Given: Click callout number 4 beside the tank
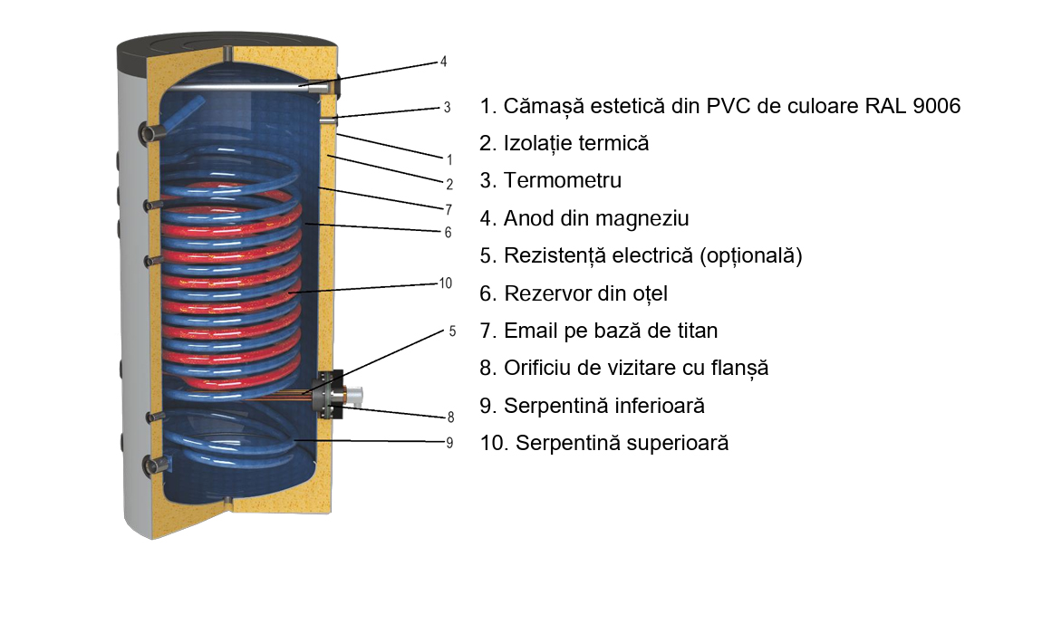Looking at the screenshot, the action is (x=444, y=62).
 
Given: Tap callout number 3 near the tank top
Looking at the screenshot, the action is (x=448, y=107).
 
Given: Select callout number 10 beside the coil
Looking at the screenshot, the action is (x=445, y=283).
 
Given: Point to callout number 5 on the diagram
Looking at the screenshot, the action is (x=452, y=331).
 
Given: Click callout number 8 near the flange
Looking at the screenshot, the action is (x=450, y=417).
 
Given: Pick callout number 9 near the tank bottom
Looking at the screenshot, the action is (x=450, y=442).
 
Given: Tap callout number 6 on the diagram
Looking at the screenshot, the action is (x=448, y=232).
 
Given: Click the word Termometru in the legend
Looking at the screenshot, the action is (x=562, y=180).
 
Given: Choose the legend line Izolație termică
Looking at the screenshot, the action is (x=564, y=143).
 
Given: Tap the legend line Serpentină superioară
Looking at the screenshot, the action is (x=604, y=443).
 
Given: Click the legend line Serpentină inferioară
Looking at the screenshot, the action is (x=592, y=405).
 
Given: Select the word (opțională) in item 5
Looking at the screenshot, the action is (x=751, y=255).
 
